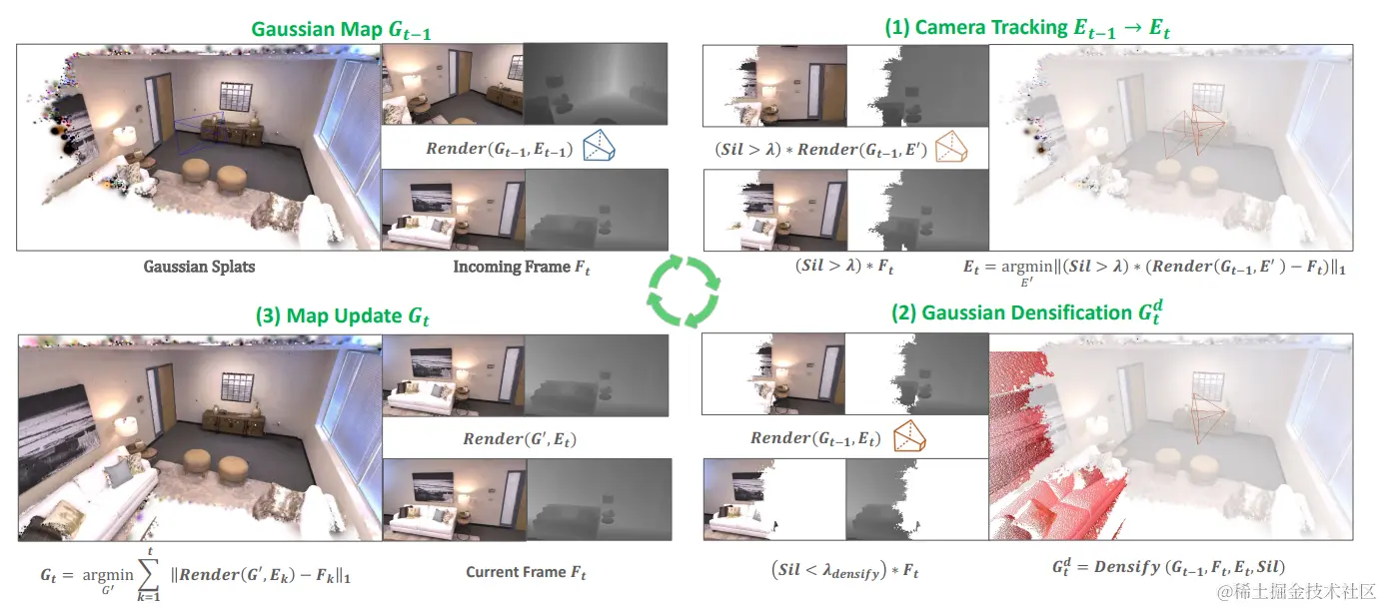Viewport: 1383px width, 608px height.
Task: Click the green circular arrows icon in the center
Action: point(685,291)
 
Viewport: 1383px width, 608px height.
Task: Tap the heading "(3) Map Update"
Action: point(329,316)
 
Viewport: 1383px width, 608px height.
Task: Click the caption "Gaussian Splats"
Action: point(200,267)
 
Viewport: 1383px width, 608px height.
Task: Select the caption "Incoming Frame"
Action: point(521,268)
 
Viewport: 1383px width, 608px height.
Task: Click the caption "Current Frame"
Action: point(526,572)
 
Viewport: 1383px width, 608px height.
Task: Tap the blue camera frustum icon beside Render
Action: point(600,147)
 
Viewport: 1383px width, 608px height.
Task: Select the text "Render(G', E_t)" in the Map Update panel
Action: point(520,438)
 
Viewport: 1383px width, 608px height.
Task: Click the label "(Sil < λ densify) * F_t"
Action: point(844,571)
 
